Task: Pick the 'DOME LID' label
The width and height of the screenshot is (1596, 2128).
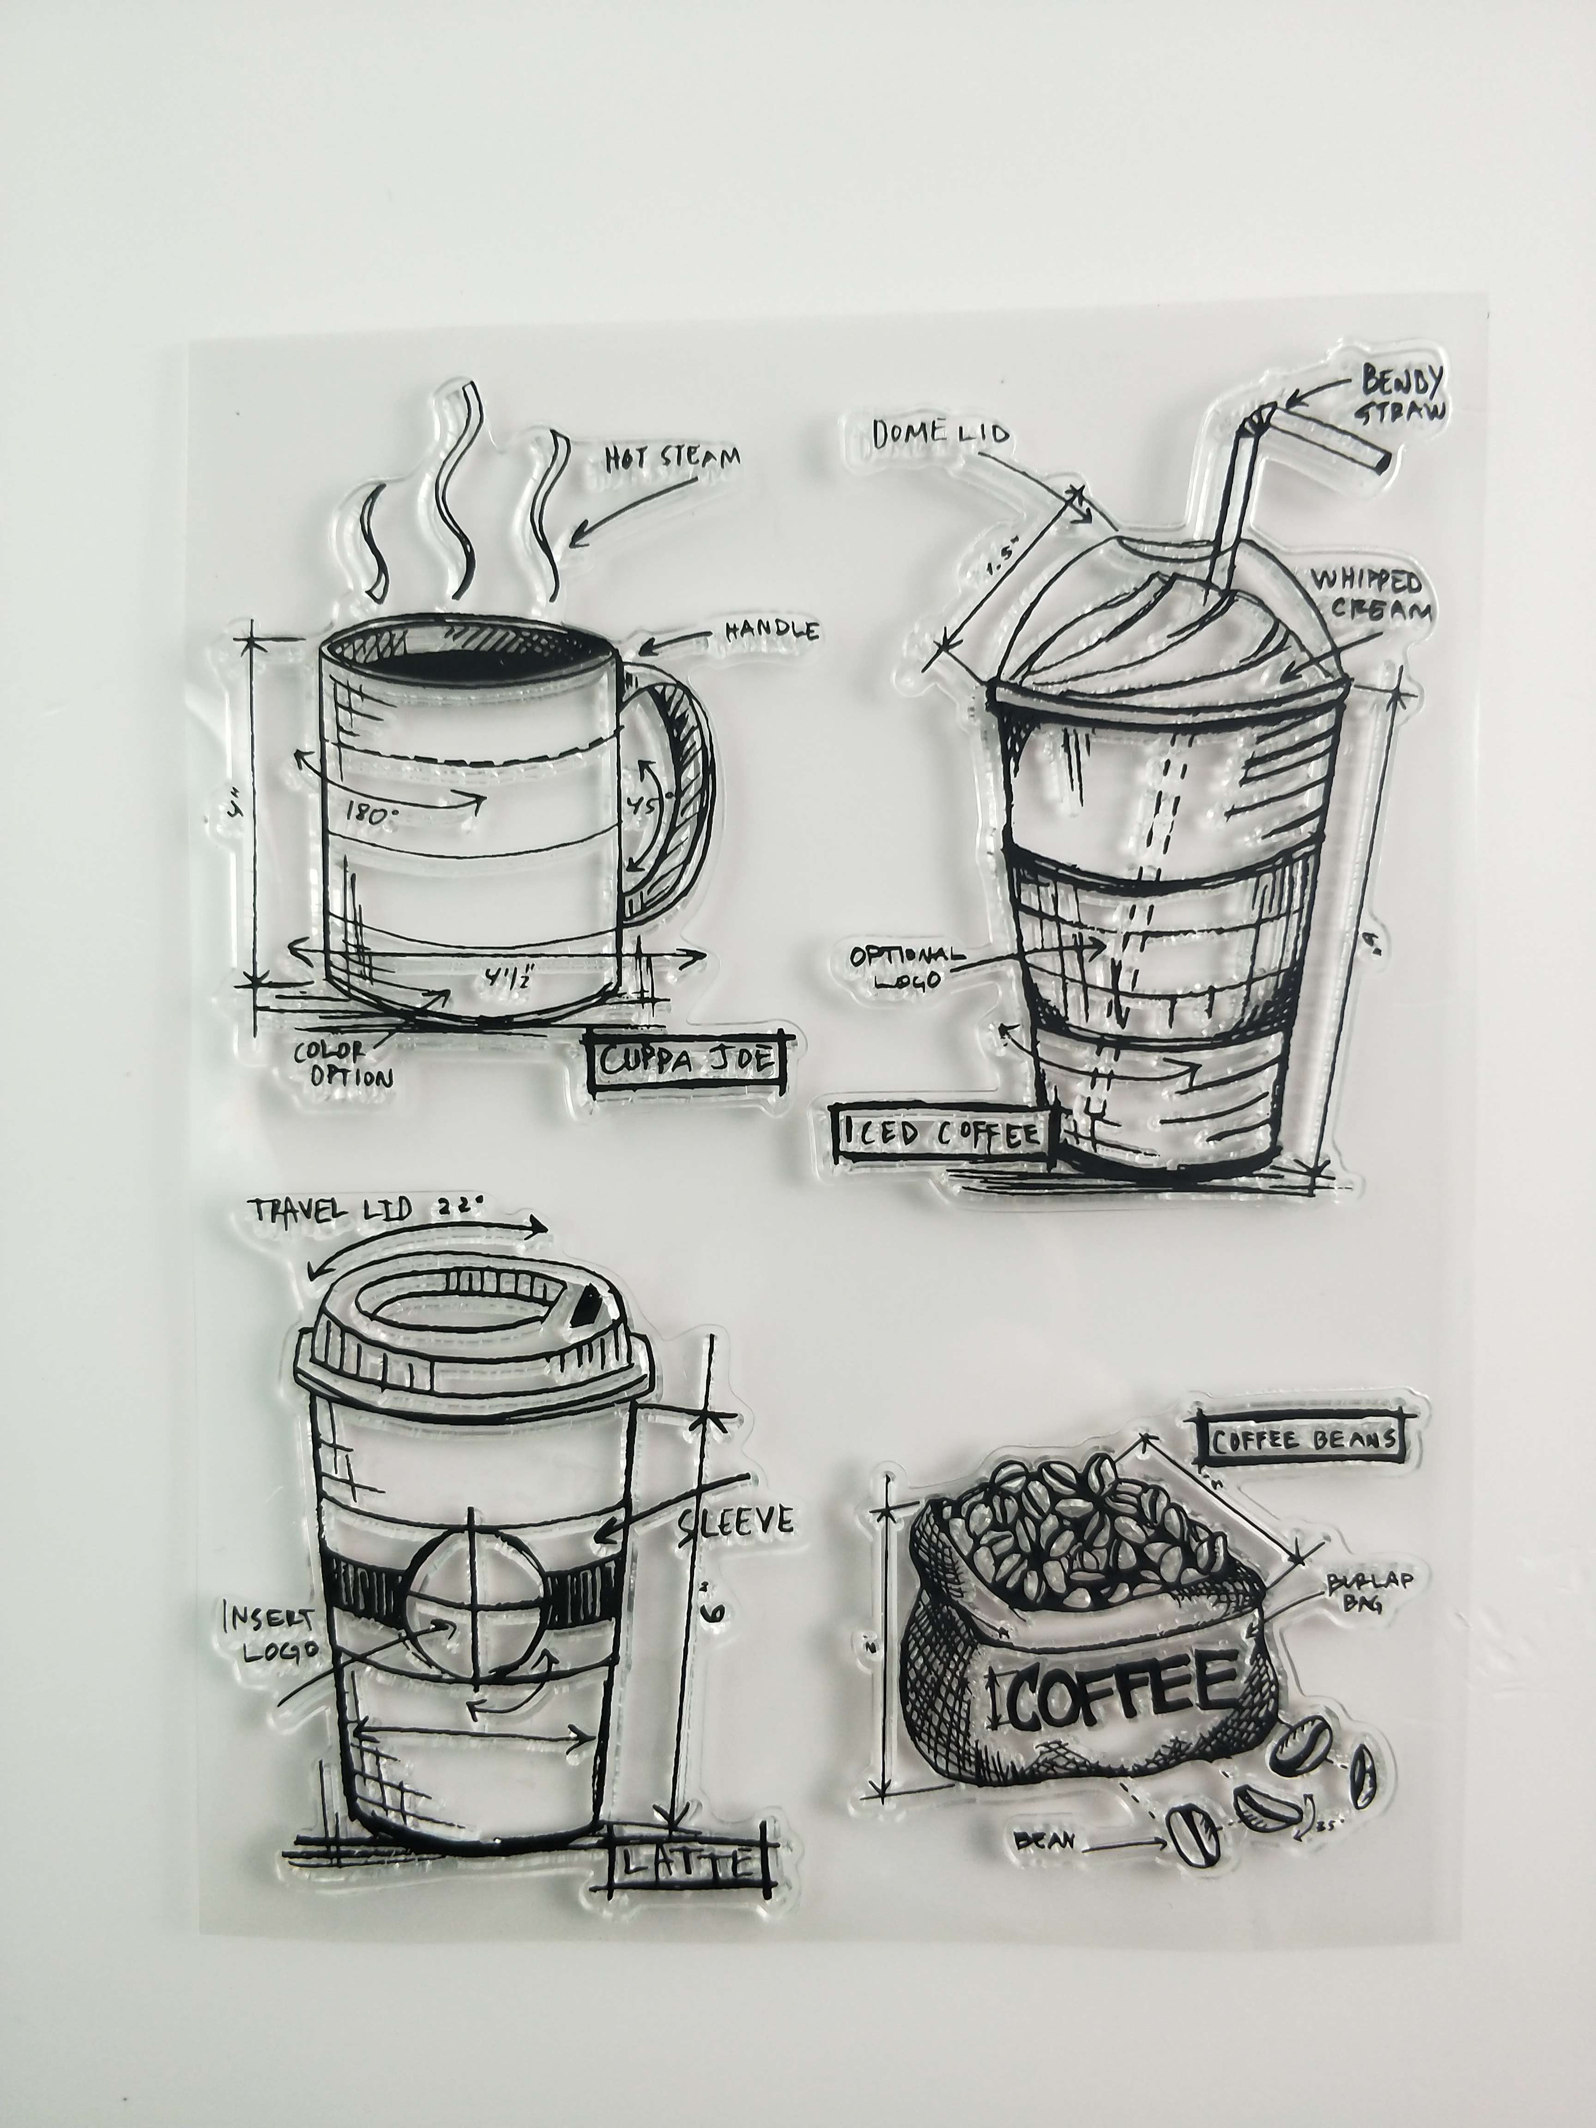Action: click(x=941, y=434)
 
